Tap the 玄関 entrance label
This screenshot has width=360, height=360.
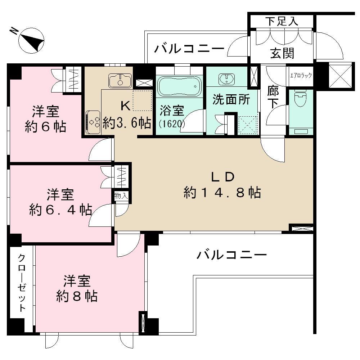(282, 53)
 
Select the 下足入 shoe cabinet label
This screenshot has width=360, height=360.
(282, 21)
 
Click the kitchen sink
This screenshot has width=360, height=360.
(120, 80)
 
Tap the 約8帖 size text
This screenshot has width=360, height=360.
(77, 296)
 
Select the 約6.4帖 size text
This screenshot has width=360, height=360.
(60, 210)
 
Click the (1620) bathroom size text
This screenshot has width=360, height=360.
(172, 124)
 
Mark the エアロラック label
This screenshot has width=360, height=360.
(301, 76)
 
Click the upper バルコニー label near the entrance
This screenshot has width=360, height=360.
(189, 48)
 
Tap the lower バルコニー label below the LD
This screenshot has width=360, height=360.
(231, 256)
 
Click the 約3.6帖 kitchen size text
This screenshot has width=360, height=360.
(127, 123)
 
